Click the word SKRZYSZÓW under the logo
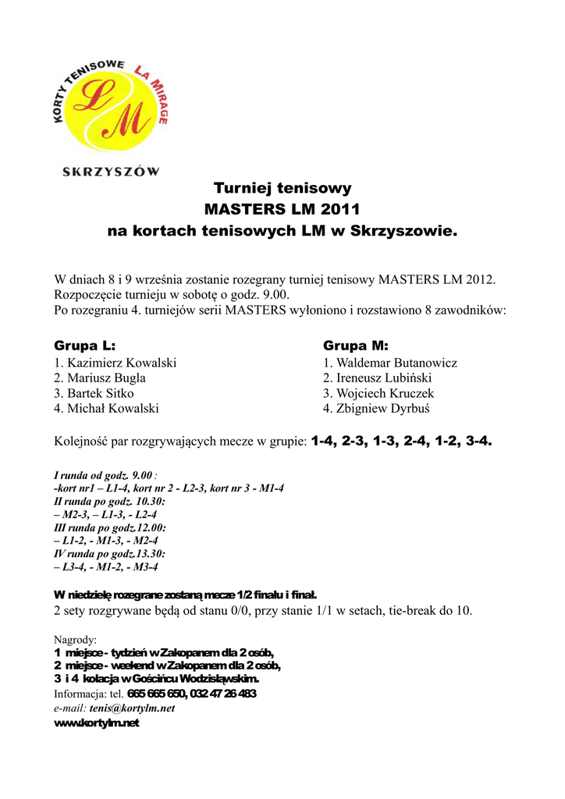(111, 171)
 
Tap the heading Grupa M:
(356, 346)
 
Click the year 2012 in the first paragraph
(478, 279)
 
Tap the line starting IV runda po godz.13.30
(109, 553)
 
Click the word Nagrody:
(75, 640)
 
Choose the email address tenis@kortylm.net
(132, 708)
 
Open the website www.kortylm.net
(96, 723)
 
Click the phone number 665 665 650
(156, 694)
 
